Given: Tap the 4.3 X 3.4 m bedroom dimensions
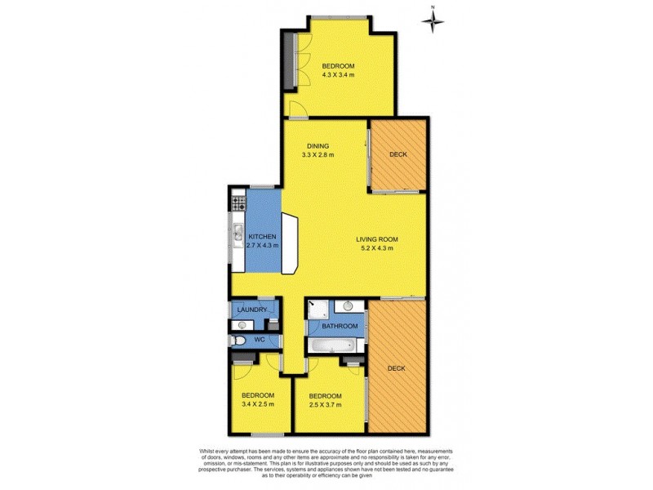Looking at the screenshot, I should (336, 75).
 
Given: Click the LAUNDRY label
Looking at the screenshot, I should (252, 310).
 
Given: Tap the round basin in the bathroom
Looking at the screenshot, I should (348, 308).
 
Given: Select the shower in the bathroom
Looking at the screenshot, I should (317, 310).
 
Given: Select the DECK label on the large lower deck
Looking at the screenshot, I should (397, 368).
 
